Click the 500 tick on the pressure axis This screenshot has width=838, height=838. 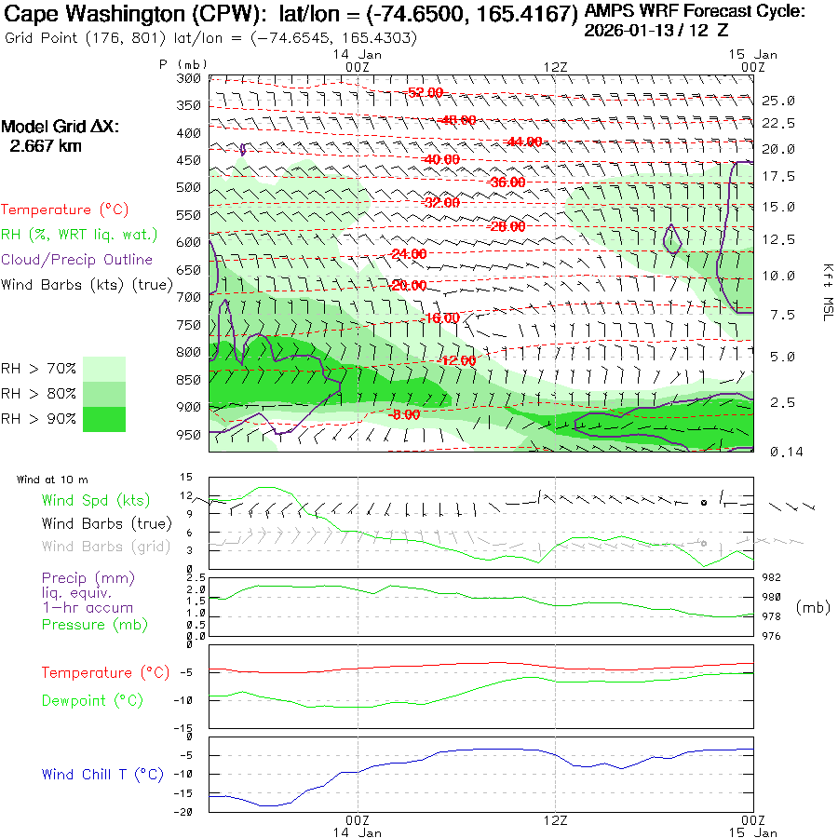point(189,187)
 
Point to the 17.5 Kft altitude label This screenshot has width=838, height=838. point(778,176)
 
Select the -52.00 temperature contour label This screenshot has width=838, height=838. point(426,92)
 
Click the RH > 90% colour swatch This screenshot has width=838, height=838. point(104,419)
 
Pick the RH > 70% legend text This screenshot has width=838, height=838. point(39,370)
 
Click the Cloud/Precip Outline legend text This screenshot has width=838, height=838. point(77,260)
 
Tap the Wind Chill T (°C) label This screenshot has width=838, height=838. point(102,774)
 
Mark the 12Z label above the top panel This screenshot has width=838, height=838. point(555,67)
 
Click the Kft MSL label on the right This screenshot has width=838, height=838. point(826,291)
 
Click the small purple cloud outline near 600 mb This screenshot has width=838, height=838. point(672,239)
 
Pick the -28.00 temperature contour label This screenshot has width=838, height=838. point(507,226)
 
